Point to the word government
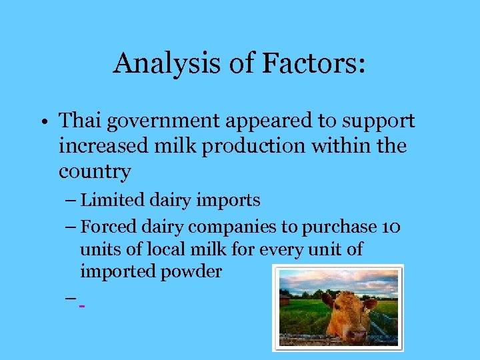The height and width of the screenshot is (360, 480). coord(160,122)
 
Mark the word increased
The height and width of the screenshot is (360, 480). coord(97,146)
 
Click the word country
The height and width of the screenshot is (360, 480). coord(95,172)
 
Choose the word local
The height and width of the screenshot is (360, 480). coord(163,249)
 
